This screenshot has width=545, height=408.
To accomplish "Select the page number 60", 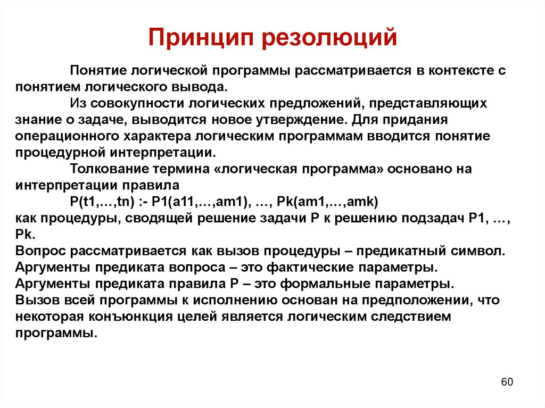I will (507, 382).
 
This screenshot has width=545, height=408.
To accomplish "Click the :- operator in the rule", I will (140, 202).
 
